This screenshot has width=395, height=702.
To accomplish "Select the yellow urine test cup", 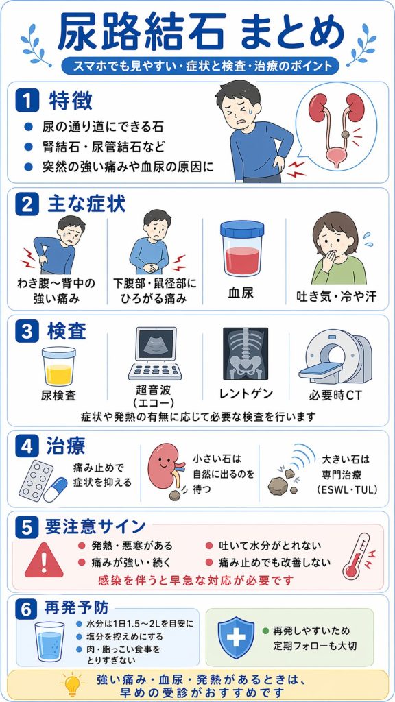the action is tap(59, 366).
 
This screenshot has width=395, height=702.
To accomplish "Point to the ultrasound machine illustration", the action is tap(155, 354).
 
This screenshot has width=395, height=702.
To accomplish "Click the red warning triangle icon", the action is tap(44, 560).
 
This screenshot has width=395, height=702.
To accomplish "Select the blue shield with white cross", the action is tap(236, 638).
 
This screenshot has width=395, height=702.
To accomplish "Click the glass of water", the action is tap(49, 641).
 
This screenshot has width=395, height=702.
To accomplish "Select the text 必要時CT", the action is tap(335, 396).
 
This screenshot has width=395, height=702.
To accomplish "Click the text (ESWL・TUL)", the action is tap(346, 489).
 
